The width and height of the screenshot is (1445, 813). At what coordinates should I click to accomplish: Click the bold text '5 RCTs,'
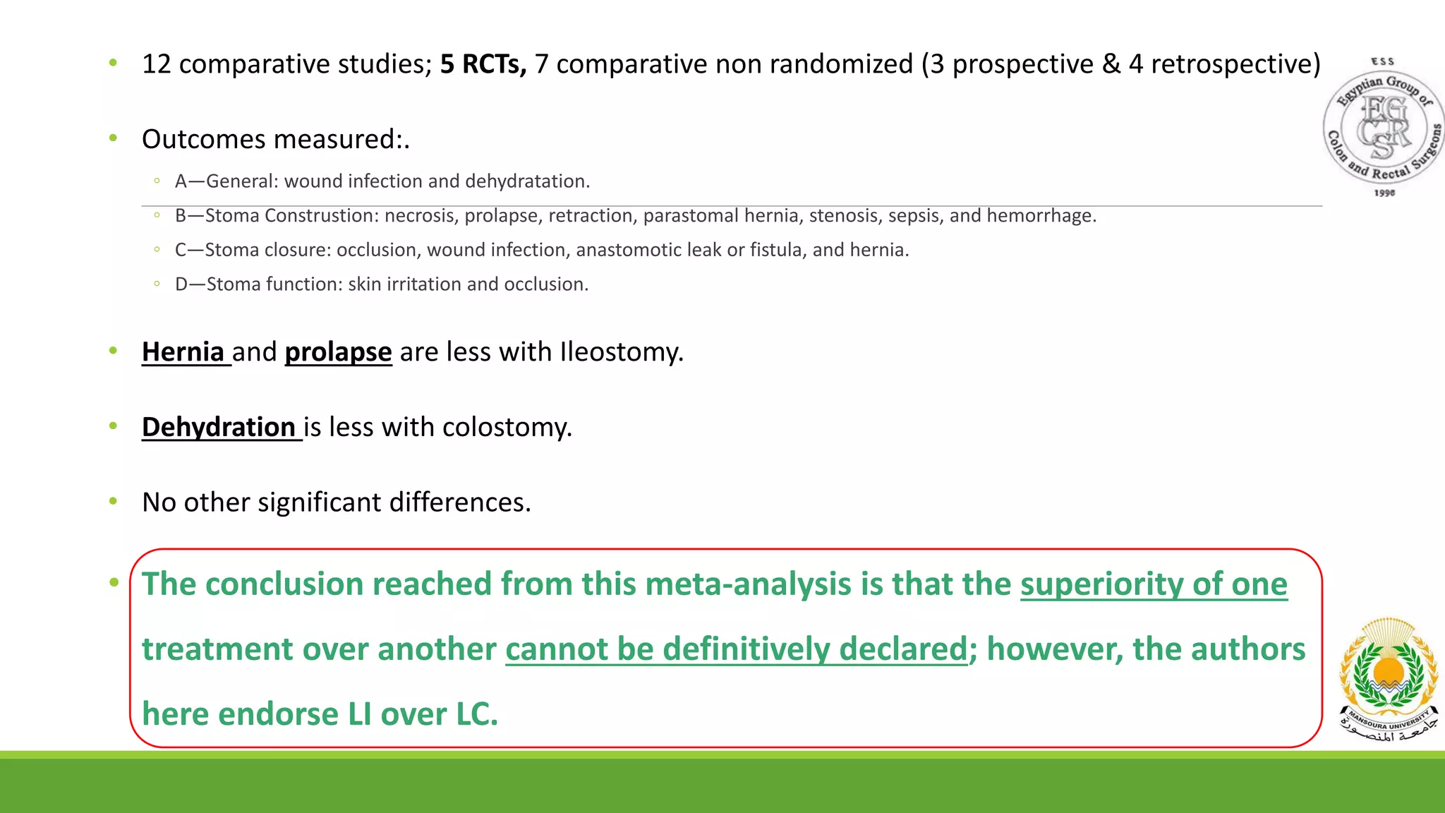pos(483,64)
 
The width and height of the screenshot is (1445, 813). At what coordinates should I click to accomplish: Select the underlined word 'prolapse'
pos(338,351)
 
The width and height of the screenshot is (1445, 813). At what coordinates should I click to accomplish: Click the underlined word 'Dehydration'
pos(219,427)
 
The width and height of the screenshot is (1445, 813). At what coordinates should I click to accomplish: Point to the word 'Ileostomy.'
pos(622,351)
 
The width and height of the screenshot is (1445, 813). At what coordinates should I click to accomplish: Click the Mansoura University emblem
pos(1389,677)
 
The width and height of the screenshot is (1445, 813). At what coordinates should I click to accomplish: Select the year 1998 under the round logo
pos(1384,193)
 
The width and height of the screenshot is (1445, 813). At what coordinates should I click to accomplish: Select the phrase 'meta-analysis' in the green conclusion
pos(748,584)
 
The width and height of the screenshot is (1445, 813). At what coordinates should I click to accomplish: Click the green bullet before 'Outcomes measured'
pos(113,138)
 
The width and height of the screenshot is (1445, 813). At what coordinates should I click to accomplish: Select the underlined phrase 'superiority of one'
pos(1154,584)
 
